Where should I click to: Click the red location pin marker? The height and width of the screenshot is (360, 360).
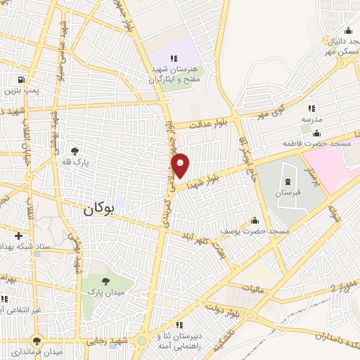click(181, 165)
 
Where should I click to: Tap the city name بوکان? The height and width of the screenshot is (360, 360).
click(97, 209)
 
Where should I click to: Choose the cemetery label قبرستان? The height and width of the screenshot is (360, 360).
click(287, 192)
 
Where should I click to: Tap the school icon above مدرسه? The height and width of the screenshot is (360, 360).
click(311, 108)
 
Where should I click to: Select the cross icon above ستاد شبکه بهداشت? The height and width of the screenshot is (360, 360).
click(18, 235)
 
